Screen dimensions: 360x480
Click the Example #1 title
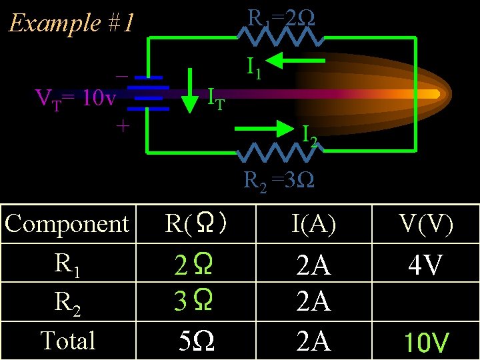click(x=71, y=24)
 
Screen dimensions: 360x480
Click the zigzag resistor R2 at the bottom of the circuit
click(x=277, y=153)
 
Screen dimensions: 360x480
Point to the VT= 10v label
click(x=75, y=100)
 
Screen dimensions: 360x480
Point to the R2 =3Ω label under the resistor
click(x=279, y=181)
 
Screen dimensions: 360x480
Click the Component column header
click(x=67, y=224)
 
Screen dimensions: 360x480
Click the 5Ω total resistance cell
click(x=197, y=341)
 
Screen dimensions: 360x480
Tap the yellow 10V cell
click(x=427, y=343)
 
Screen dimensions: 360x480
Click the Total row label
click(x=67, y=341)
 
